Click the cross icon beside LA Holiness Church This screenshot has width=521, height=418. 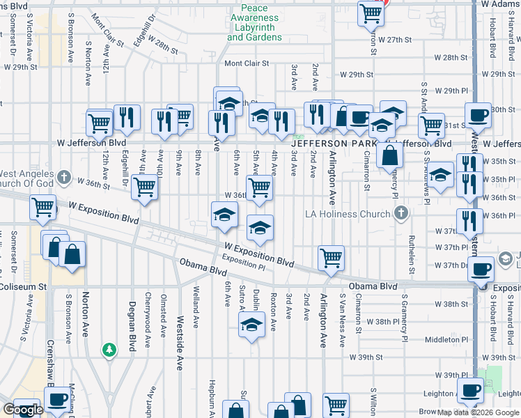[401, 213]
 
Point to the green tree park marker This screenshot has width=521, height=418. [109, 349]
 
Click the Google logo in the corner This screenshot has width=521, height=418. [23, 410]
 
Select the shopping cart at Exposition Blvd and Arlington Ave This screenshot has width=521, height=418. [331, 257]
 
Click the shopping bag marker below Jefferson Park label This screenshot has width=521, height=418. [389, 155]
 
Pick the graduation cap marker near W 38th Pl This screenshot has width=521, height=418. [251, 325]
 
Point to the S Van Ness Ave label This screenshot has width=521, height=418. [343, 320]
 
